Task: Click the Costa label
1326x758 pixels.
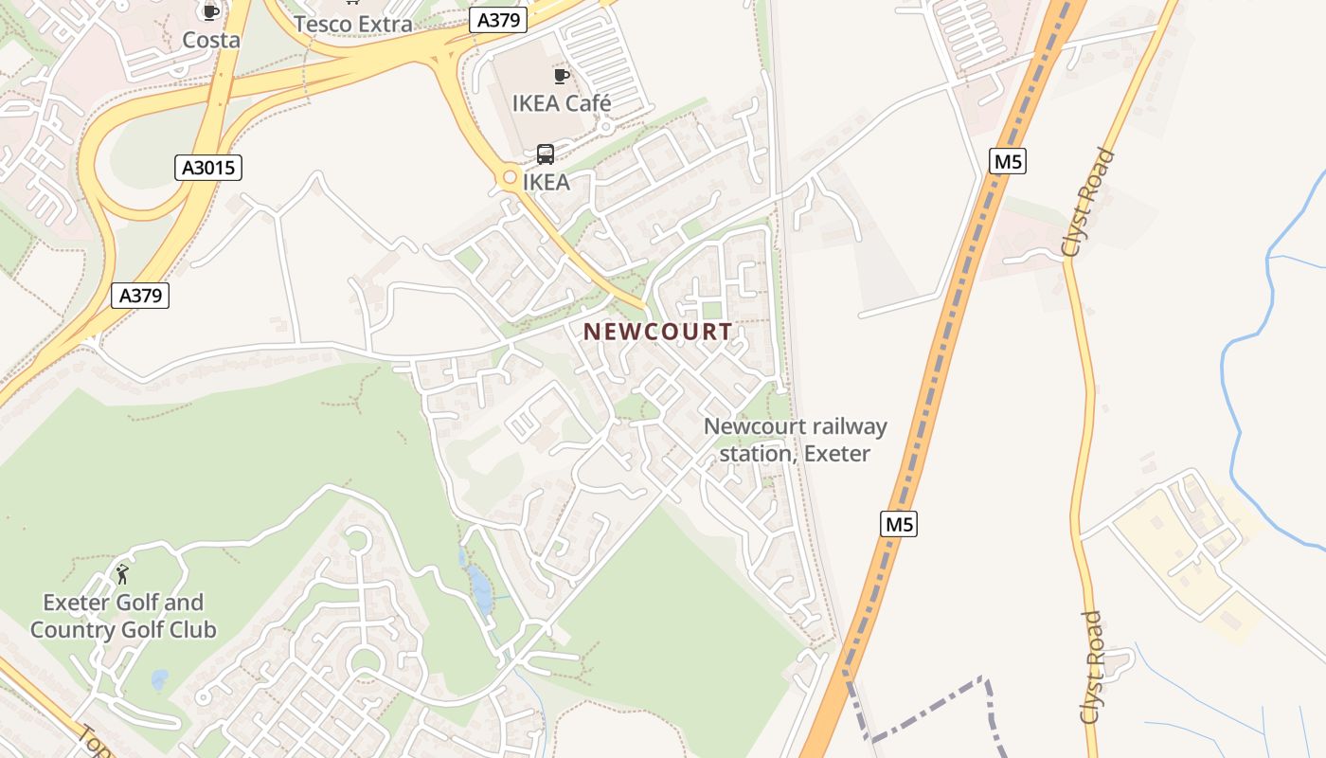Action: pos(210,40)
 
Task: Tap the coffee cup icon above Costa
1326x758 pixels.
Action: pos(210,11)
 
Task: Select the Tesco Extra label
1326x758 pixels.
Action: pos(352,24)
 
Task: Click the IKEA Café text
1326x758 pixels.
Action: pos(562,103)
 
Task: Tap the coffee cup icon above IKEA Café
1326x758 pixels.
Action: pos(562,76)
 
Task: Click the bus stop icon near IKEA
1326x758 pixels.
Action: pos(546,153)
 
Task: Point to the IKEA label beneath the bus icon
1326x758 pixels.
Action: pos(547,182)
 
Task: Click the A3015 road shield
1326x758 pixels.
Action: pos(208,168)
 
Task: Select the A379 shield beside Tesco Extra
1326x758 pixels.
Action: pos(497,20)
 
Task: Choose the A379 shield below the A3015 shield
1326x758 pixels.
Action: pos(140,296)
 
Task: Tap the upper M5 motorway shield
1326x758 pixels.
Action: pos(1008,162)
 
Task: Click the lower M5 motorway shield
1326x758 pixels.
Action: pos(898,524)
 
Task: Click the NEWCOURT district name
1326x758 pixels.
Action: pos(657,332)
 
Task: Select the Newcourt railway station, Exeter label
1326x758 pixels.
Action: pos(795,440)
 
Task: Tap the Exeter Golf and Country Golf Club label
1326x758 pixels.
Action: pos(123,616)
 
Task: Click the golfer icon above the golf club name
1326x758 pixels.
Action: pos(122,573)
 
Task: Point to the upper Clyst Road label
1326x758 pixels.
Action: pos(1088,203)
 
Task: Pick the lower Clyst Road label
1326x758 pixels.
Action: pos(1092,667)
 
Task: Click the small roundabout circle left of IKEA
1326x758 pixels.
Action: pos(510,177)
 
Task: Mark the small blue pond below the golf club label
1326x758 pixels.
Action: pos(159,679)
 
